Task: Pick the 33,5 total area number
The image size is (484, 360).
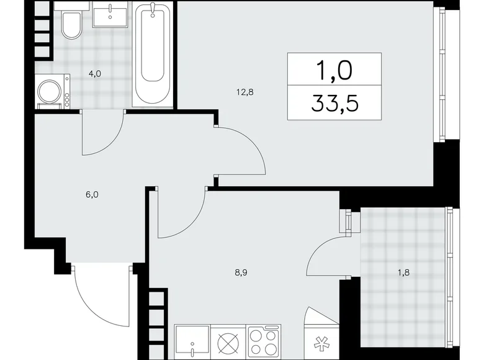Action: tap(334, 102)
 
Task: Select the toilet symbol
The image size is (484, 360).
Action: tap(70, 25)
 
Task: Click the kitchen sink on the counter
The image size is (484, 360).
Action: tap(192, 344)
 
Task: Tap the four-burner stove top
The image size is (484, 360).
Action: tap(264, 343)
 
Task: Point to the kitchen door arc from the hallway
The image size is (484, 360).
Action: tap(180, 214)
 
